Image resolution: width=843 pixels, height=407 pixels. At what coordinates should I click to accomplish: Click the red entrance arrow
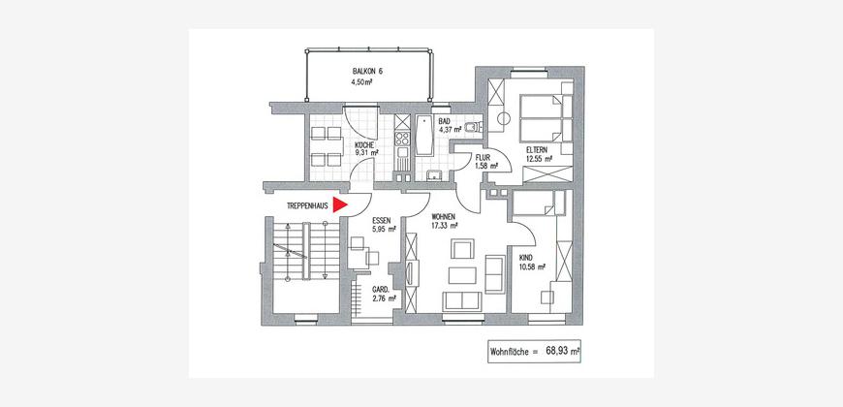pyautogui.click(x=340, y=204)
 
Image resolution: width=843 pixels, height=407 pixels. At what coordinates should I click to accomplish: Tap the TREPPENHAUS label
pyautogui.click(x=308, y=205)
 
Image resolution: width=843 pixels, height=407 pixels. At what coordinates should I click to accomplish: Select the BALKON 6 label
pyautogui.click(x=367, y=72)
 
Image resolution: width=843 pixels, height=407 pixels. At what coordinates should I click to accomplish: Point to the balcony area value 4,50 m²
pyautogui.click(x=361, y=82)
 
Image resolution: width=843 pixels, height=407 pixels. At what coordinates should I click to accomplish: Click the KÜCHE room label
pyautogui.click(x=364, y=144)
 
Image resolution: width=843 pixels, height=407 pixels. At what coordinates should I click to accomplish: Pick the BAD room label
pyautogui.click(x=444, y=121)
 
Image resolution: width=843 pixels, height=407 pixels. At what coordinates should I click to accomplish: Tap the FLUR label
pyautogui.click(x=482, y=158)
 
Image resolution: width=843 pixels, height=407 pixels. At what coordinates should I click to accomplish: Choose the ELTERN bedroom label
pyautogui.click(x=538, y=150)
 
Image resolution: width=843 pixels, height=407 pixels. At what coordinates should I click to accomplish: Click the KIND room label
pyautogui.click(x=525, y=258)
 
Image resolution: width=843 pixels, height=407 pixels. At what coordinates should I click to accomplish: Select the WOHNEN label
pyautogui.click(x=444, y=217)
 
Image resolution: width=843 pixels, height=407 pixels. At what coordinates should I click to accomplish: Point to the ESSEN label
pyautogui.click(x=381, y=220)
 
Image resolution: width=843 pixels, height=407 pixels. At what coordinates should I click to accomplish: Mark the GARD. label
pyautogui.click(x=381, y=289)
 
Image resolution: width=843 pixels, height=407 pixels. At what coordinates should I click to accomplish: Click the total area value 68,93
pyautogui.click(x=557, y=351)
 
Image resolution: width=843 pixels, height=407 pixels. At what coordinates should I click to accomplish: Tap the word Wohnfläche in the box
pyautogui.click(x=508, y=352)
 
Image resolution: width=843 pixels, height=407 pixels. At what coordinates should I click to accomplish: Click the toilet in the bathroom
pyautogui.click(x=473, y=127)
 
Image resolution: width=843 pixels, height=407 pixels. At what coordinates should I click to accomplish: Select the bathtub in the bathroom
pyautogui.click(x=424, y=135)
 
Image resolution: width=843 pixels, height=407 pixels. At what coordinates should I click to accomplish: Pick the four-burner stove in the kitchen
pyautogui.click(x=402, y=139)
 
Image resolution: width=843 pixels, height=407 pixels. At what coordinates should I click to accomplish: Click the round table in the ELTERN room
pyautogui.click(x=504, y=119)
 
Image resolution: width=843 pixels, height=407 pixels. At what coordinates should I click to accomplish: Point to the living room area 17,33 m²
pyautogui.click(x=445, y=226)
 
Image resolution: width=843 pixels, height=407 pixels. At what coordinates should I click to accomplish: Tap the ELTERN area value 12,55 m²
pyautogui.click(x=541, y=159)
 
